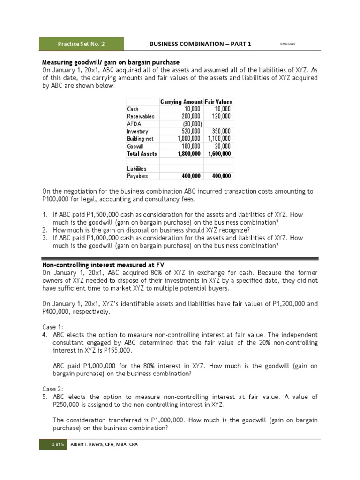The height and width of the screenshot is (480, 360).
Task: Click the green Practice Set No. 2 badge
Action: (81, 44)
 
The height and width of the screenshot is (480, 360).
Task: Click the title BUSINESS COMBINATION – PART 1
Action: (200, 44)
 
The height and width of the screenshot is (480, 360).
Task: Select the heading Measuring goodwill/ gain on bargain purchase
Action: (111, 62)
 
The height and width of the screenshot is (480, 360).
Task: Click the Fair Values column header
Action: (218, 102)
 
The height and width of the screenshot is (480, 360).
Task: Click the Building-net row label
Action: (139, 139)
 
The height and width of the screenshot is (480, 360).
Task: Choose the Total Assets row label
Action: (142, 154)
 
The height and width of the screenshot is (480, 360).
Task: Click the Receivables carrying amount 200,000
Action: (191, 117)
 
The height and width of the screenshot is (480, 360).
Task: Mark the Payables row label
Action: (137, 176)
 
